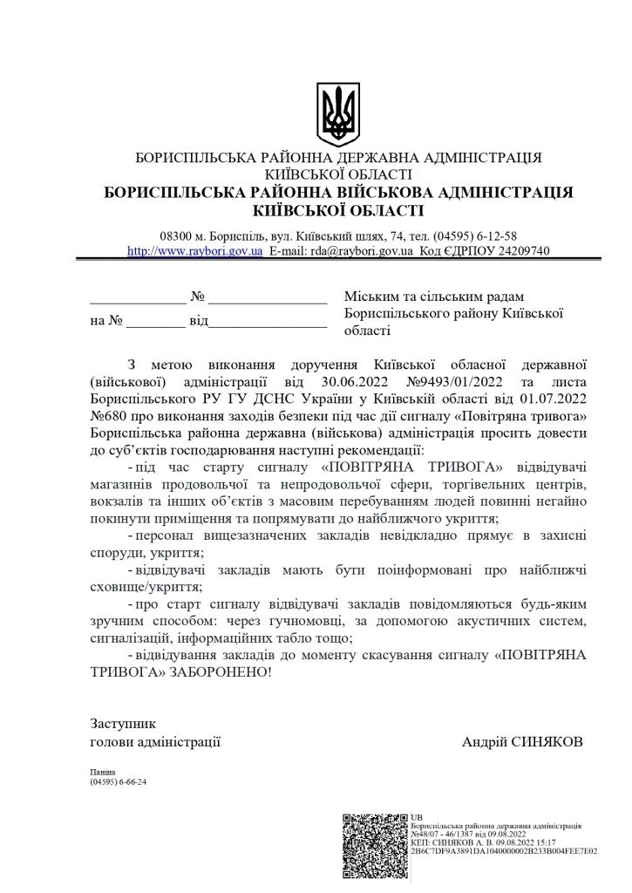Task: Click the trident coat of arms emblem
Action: (x=338, y=114)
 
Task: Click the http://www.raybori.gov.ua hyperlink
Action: (x=195, y=250)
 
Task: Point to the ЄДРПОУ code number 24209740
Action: (x=519, y=250)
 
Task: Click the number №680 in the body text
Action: (x=109, y=417)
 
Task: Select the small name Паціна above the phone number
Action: (x=102, y=773)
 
